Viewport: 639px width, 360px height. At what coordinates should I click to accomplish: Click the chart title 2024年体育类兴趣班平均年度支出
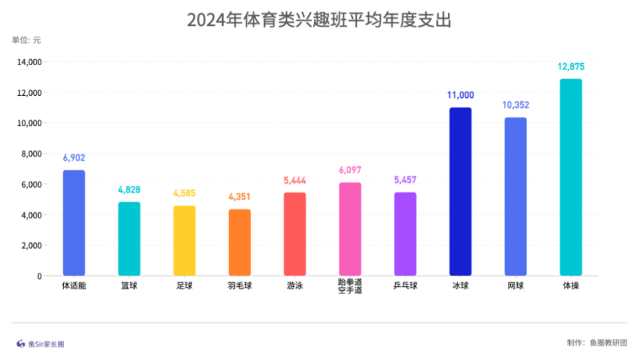[319, 21]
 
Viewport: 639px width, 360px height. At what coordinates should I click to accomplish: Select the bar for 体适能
[74, 223]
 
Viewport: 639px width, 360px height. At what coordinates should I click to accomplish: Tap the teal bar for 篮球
[129, 239]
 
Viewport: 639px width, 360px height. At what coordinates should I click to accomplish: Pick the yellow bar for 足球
[184, 241]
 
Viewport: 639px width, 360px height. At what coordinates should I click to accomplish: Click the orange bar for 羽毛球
[240, 243]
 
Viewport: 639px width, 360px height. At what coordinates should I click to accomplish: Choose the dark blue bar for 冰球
[460, 192]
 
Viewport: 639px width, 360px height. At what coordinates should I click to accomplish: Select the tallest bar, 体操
[570, 178]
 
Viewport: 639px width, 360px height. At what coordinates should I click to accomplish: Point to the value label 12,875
[571, 67]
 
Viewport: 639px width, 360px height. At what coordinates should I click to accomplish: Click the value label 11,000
[461, 95]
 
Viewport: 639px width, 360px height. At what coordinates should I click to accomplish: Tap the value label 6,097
[350, 170]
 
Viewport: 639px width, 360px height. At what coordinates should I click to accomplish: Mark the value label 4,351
[240, 197]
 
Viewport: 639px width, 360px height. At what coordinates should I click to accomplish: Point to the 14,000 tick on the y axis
[29, 62]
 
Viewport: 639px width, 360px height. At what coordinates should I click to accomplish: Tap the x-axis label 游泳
[295, 286]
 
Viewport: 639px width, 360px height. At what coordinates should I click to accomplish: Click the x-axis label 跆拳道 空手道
[350, 287]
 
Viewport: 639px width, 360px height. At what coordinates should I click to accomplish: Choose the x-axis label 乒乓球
[405, 286]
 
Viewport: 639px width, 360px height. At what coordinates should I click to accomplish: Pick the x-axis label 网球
[515, 286]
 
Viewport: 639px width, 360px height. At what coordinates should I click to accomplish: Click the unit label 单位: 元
[26, 40]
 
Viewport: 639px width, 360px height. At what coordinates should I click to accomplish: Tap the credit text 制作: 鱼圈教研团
[596, 343]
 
